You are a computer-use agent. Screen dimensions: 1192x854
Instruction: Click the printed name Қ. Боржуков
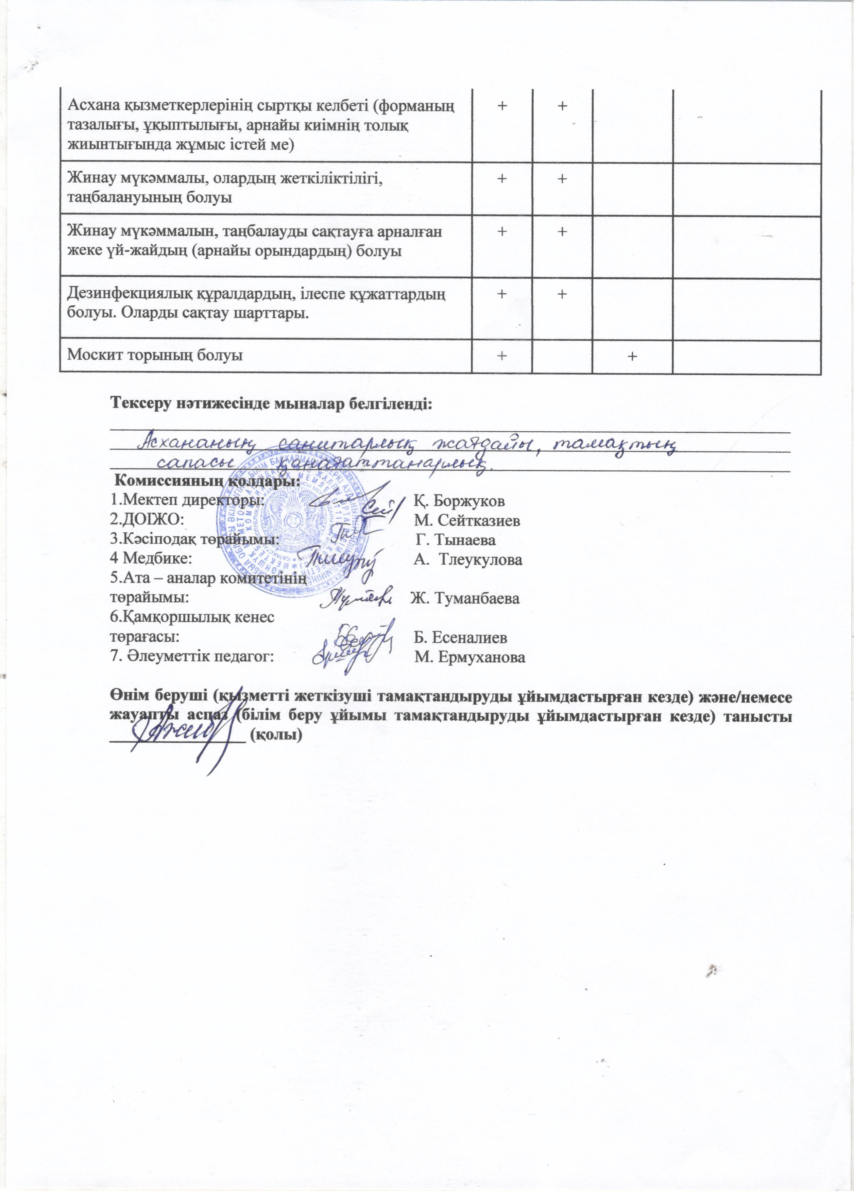tap(459, 501)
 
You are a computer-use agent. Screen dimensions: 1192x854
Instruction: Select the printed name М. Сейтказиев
tap(467, 520)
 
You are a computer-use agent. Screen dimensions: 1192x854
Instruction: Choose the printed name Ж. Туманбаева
tap(465, 598)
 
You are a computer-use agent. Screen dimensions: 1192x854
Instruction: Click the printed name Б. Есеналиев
tap(460, 638)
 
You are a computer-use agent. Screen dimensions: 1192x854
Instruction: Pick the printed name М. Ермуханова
tap(469, 657)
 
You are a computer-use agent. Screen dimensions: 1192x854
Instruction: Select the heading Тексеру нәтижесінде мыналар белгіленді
tap(271, 405)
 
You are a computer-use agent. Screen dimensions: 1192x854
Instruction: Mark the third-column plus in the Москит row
tap(632, 356)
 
